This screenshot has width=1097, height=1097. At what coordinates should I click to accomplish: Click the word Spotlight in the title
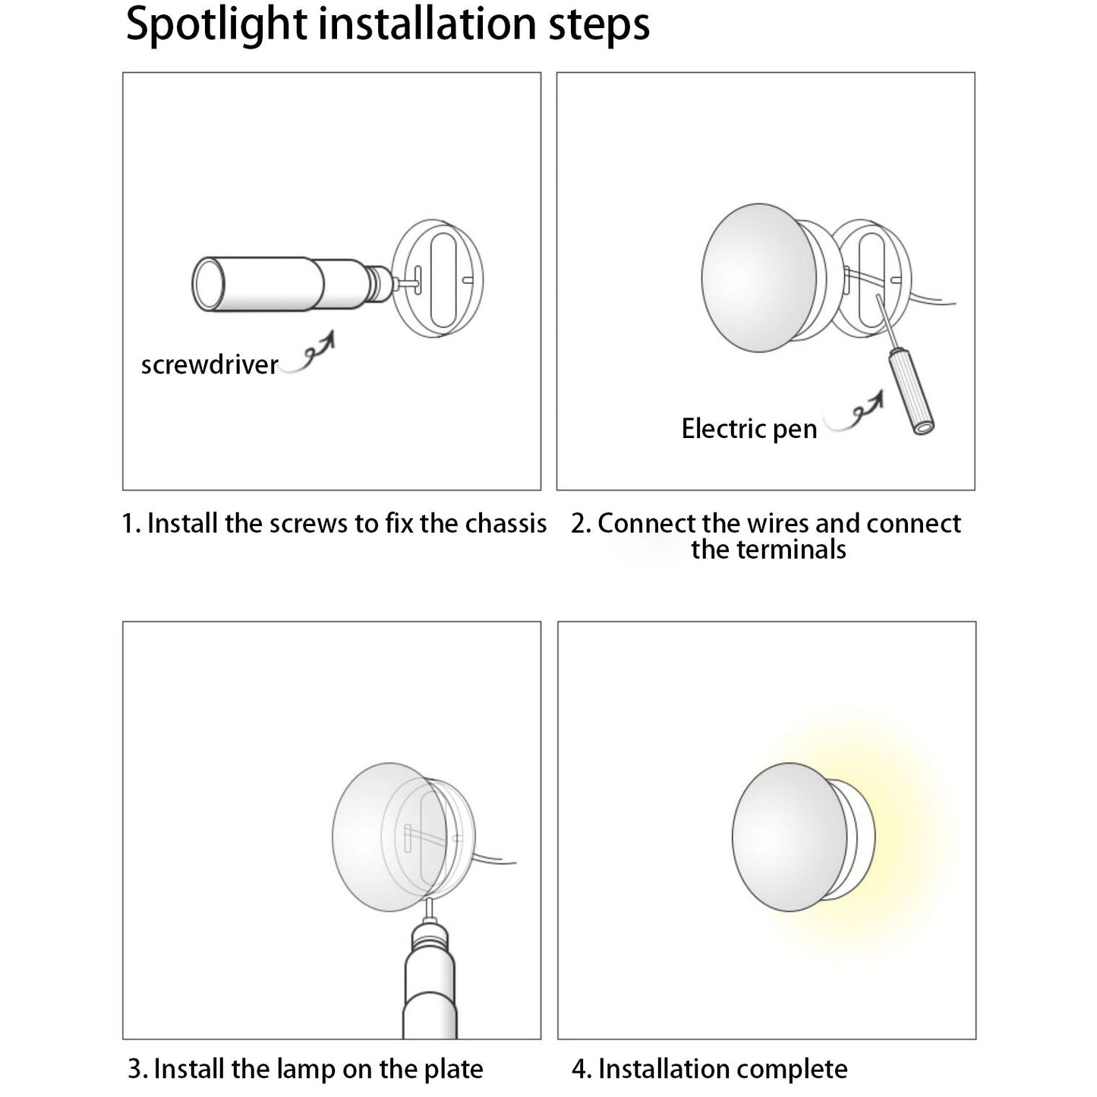[216, 25]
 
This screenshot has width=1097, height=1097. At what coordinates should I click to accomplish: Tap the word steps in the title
[599, 25]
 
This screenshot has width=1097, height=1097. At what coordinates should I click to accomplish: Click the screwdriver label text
[210, 365]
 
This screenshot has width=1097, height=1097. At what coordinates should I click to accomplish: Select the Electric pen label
[749, 429]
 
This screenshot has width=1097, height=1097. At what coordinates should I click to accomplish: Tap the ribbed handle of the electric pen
[912, 392]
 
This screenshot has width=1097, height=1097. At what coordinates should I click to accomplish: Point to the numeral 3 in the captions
[135, 1069]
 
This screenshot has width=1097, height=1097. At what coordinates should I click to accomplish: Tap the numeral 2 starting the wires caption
[578, 524]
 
